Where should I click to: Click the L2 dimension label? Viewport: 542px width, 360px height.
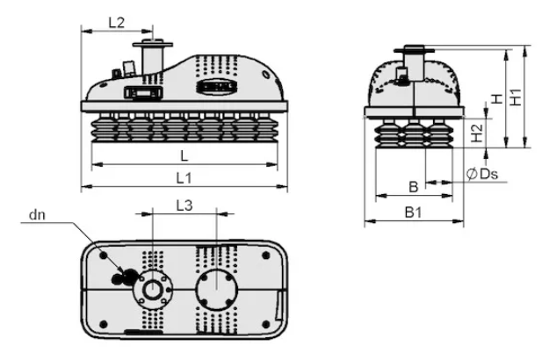[117, 23]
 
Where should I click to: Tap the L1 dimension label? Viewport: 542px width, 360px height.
[184, 178]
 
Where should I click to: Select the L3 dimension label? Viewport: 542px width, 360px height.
[184, 205]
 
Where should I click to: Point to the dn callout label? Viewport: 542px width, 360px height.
[37, 215]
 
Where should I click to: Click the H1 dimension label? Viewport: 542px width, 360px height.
[516, 97]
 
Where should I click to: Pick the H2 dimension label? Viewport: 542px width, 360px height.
[477, 133]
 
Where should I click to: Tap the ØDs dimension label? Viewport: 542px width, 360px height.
[482, 174]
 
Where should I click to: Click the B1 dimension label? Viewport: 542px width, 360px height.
[414, 212]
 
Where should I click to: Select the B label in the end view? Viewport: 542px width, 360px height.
[414, 187]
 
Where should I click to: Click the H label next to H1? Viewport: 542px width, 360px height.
[497, 99]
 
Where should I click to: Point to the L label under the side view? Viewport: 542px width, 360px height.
[184, 156]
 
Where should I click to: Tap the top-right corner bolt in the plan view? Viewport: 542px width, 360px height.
[266, 256]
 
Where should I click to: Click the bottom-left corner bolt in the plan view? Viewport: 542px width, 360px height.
[104, 324]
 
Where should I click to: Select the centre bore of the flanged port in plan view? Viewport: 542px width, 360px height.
[152, 290]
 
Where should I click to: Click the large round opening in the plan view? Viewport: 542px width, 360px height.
[216, 290]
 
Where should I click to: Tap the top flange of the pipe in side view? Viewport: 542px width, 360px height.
[153, 44]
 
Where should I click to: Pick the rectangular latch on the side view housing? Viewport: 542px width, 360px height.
[143, 92]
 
